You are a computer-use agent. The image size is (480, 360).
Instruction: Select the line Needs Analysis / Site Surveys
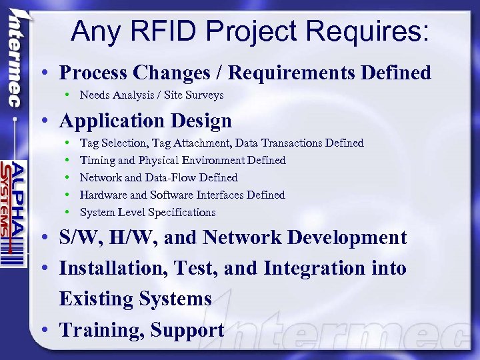coord(151,95)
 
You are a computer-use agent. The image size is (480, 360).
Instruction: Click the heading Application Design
coord(145,121)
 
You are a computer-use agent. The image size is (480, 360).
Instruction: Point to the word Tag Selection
coord(113,143)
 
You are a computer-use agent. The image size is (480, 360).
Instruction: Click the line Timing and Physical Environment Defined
coord(182,160)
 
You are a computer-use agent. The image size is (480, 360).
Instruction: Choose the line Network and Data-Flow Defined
coord(158,177)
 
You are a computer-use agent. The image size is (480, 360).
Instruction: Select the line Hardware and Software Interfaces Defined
coord(182,195)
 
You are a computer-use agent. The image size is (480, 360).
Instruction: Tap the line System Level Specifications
coord(147,212)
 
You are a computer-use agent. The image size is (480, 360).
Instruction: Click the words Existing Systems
coord(135,299)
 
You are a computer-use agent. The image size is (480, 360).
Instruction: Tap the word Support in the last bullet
coord(187,329)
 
